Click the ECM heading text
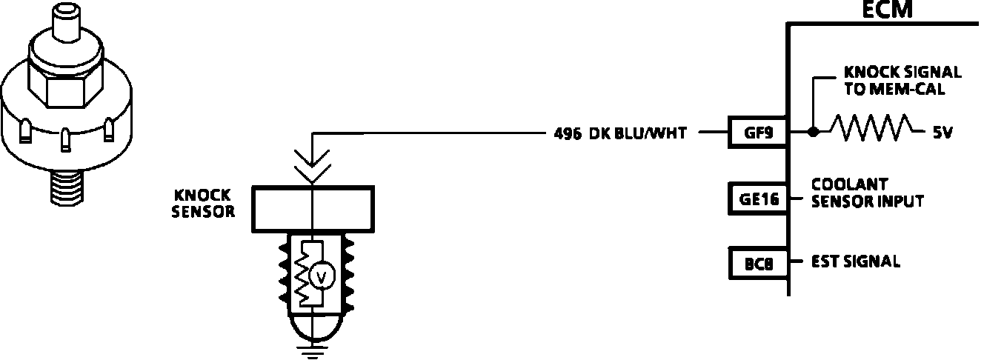[888, 9]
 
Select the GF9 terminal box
[756, 133]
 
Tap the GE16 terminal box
[756, 198]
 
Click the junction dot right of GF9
[813, 133]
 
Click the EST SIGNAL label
[856, 261]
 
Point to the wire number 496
[567, 134]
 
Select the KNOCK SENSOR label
[203, 203]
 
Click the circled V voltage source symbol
[322, 277]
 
